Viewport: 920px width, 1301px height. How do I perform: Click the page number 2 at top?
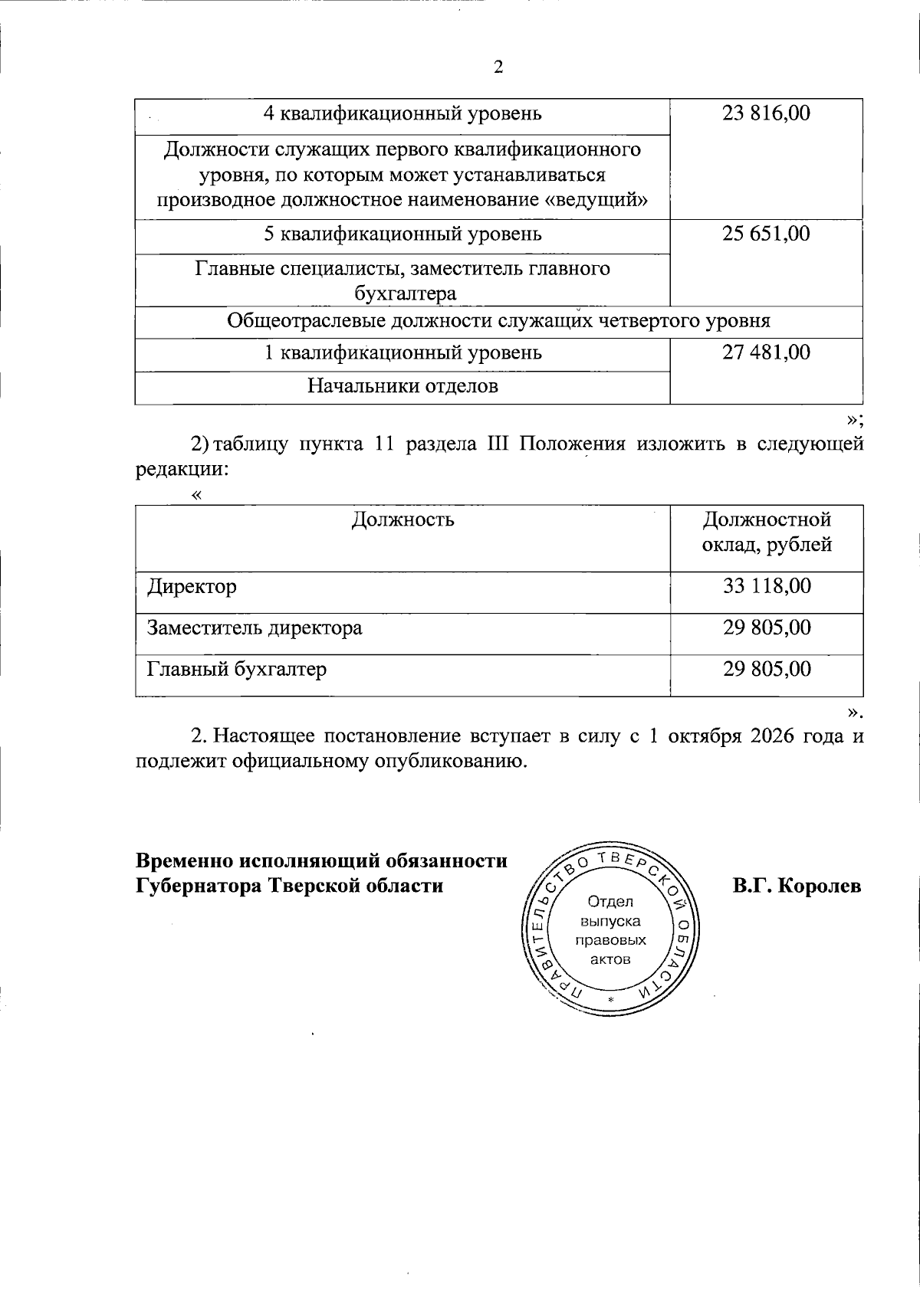point(498,67)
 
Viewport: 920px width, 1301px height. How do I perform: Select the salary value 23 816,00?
point(766,114)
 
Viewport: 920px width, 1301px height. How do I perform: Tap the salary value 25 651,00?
point(766,234)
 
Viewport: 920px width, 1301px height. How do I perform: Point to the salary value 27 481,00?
point(766,352)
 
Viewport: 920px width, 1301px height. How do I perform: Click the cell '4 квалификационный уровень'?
point(402,114)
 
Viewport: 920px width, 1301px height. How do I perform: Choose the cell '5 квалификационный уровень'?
point(402,234)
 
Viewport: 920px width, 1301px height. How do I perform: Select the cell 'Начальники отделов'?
point(402,386)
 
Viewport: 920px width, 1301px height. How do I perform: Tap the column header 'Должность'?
point(402,520)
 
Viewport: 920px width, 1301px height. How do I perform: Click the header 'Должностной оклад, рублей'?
point(767,533)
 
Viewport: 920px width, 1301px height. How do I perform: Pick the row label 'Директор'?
point(192,587)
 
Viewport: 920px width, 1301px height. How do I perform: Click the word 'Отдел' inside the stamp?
point(610,902)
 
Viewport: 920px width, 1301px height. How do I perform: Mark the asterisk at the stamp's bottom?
point(610,1001)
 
